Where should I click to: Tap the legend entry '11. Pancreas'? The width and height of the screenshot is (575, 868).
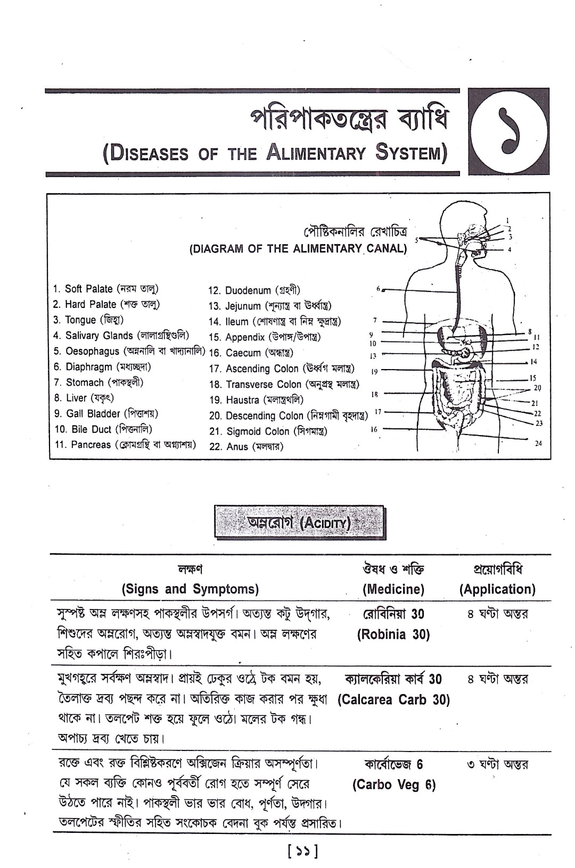[125, 445]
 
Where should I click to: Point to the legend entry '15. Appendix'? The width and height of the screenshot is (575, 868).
[265, 337]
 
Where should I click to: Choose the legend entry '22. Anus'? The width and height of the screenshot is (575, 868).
[246, 447]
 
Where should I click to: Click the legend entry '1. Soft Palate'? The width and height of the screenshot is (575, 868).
[105, 289]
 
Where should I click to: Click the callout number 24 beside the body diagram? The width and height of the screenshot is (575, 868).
[538, 443]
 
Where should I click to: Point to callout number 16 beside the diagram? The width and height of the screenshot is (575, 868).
[374, 429]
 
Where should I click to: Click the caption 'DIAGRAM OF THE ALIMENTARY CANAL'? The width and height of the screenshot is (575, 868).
[298, 248]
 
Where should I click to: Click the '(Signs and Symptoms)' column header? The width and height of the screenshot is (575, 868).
[190, 589]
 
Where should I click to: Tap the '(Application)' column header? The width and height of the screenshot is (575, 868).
[497, 589]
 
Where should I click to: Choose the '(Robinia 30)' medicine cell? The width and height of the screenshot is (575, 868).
[393, 634]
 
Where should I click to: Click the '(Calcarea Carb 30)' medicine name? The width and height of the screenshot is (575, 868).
[393, 700]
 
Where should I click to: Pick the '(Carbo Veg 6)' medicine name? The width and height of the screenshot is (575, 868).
[394, 785]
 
